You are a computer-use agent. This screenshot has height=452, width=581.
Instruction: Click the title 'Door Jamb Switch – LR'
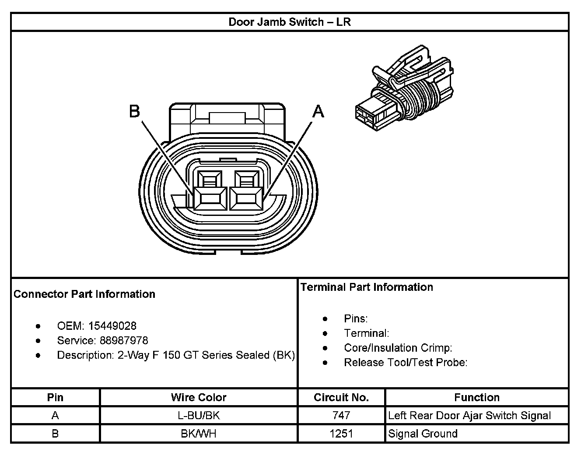coord(290,22)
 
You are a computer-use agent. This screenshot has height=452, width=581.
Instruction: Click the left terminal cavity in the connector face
coord(210,198)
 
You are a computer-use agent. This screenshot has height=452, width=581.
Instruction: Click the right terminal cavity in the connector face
coord(246,198)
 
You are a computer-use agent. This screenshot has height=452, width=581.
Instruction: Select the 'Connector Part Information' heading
coord(84,294)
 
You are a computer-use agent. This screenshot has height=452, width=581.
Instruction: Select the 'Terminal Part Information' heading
coord(367,287)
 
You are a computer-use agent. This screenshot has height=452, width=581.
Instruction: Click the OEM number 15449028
coord(112,326)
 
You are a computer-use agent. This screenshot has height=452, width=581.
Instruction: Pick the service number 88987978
coord(124,340)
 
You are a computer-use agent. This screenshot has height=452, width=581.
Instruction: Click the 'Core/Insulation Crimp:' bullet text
coord(398,348)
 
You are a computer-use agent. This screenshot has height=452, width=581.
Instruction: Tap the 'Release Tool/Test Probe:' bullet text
coord(406,362)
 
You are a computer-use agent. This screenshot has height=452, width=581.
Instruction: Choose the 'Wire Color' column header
coord(199,397)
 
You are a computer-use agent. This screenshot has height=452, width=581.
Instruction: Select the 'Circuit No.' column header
coord(341,397)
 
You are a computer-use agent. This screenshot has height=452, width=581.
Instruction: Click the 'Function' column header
coord(477,397)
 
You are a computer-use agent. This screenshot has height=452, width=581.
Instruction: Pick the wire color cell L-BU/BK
coord(199,415)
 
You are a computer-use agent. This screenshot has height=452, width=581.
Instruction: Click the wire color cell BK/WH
coord(199,434)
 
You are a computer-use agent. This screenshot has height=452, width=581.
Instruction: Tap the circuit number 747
coord(341,415)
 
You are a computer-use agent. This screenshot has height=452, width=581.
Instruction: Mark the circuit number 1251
coord(341,434)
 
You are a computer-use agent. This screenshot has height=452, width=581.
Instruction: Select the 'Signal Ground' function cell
coord(423,434)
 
